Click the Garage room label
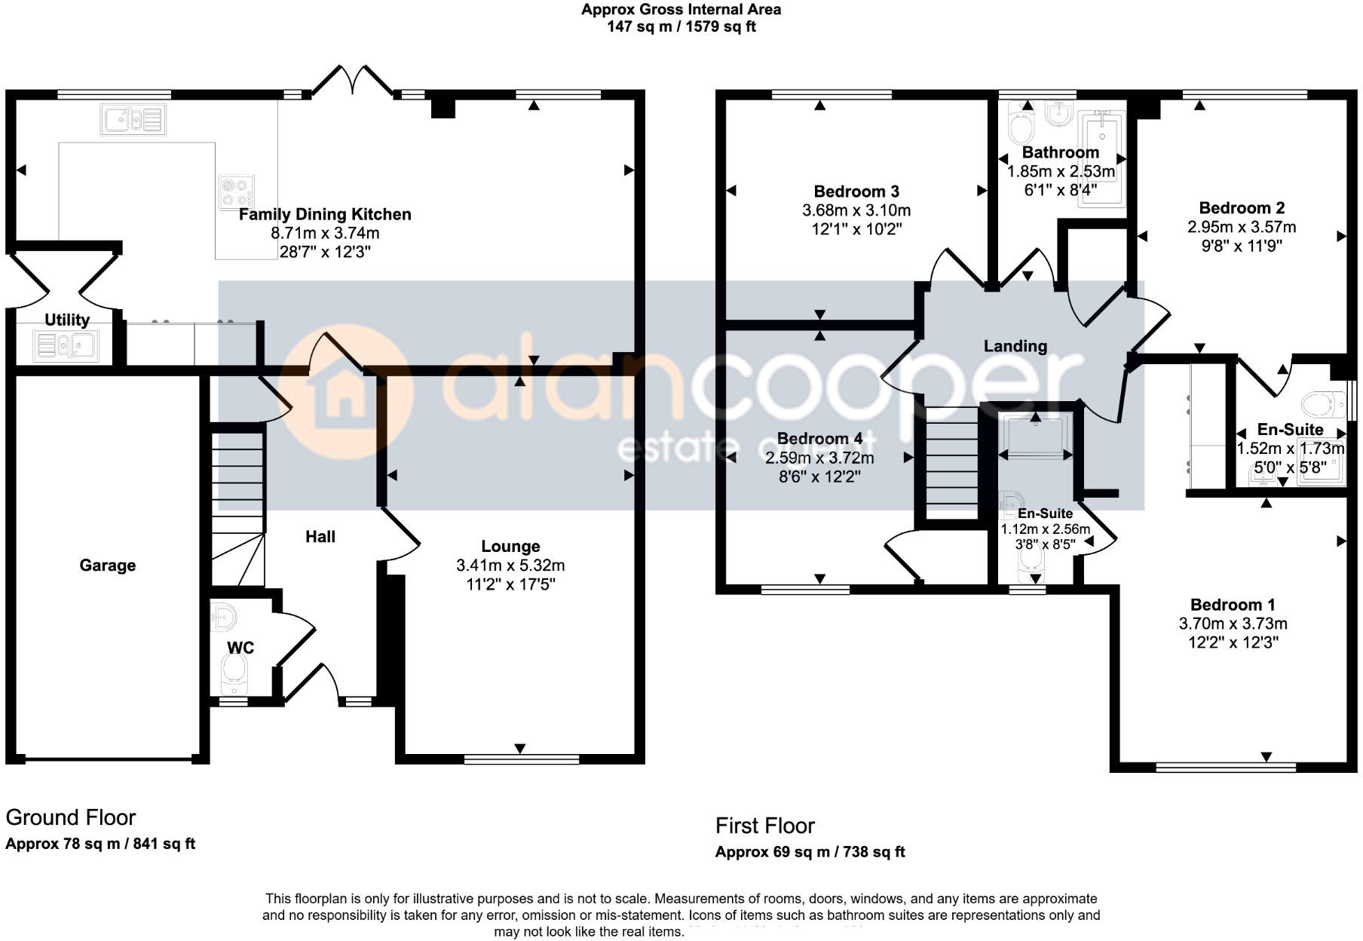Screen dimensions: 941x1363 [108, 566]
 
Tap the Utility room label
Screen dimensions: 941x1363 [66, 320]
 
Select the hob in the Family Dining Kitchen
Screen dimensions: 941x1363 [235, 192]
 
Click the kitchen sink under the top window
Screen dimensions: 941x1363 [133, 119]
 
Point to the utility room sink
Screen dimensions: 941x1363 [66, 346]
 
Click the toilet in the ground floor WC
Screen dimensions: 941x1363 [234, 670]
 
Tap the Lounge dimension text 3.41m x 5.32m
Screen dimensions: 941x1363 [510, 566]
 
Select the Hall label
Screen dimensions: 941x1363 [320, 537]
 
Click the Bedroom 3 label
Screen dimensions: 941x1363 [856, 192]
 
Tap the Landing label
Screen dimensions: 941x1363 [1015, 346]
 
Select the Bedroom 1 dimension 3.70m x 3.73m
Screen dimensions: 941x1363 [1233, 624]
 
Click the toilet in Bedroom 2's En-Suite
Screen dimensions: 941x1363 [1325, 404]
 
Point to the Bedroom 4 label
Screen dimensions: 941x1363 [819, 439]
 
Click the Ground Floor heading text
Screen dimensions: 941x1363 [71, 817]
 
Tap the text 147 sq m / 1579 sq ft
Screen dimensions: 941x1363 [681, 27]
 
